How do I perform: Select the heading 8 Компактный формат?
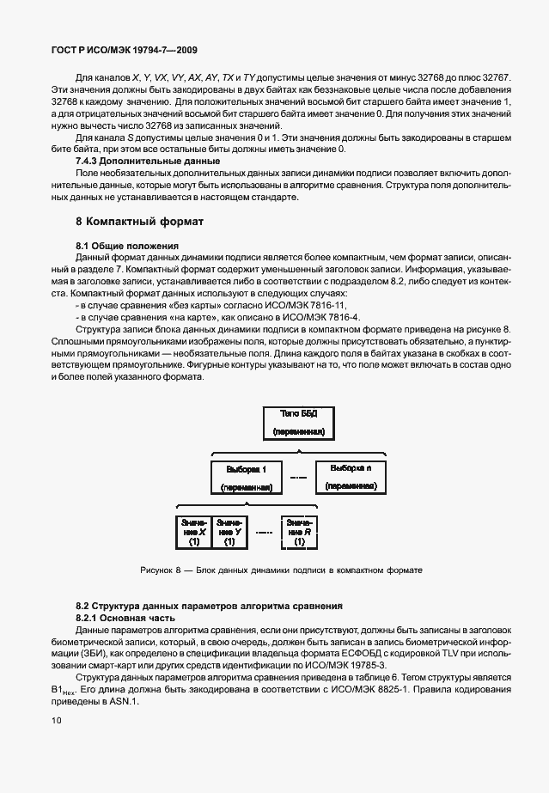point(140,222)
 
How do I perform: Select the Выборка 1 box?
point(247,479)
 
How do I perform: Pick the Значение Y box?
point(229,533)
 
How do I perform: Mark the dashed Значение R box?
point(299,533)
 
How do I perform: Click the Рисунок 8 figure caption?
point(281,570)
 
